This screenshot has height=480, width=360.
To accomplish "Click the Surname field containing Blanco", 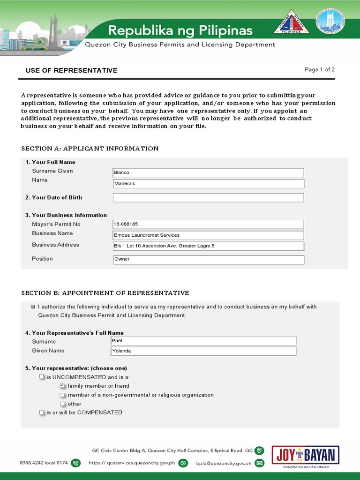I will pyautogui.click(x=208, y=172).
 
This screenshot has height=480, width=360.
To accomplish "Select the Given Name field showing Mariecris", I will pyautogui.click(x=208, y=184).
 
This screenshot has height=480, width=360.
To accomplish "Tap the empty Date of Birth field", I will pyautogui.click(x=208, y=198).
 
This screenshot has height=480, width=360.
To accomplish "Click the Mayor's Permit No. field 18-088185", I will pyautogui.click(x=208, y=225).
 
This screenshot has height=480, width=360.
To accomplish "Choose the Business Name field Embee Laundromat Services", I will pyautogui.click(x=208, y=235).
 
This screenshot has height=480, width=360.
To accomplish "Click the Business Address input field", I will pyautogui.click(x=208, y=246).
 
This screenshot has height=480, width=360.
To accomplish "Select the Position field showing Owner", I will pyautogui.click(x=208, y=259).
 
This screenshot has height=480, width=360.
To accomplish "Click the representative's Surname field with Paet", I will pyautogui.click(x=203, y=341).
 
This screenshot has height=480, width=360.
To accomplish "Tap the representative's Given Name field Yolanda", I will pyautogui.click(x=203, y=351).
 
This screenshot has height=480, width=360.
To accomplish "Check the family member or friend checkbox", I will pyautogui.click(x=62, y=386).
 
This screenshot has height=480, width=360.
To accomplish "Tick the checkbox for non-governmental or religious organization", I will pyautogui.click(x=62, y=395).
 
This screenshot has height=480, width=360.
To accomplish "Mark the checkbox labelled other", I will pyautogui.click(x=62, y=404).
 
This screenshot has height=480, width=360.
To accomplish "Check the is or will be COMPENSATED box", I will pyautogui.click(x=42, y=413).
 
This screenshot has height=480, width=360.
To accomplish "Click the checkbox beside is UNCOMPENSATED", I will pyautogui.click(x=42, y=377).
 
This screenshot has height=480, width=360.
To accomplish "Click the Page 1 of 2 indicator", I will pyautogui.click(x=320, y=70).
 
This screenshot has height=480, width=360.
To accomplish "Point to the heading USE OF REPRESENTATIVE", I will pyautogui.click(x=71, y=70).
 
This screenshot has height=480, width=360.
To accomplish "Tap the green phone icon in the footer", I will pyautogui.click(x=76, y=463).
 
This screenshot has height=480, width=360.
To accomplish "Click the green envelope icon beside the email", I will pyautogui.click(x=259, y=463).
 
